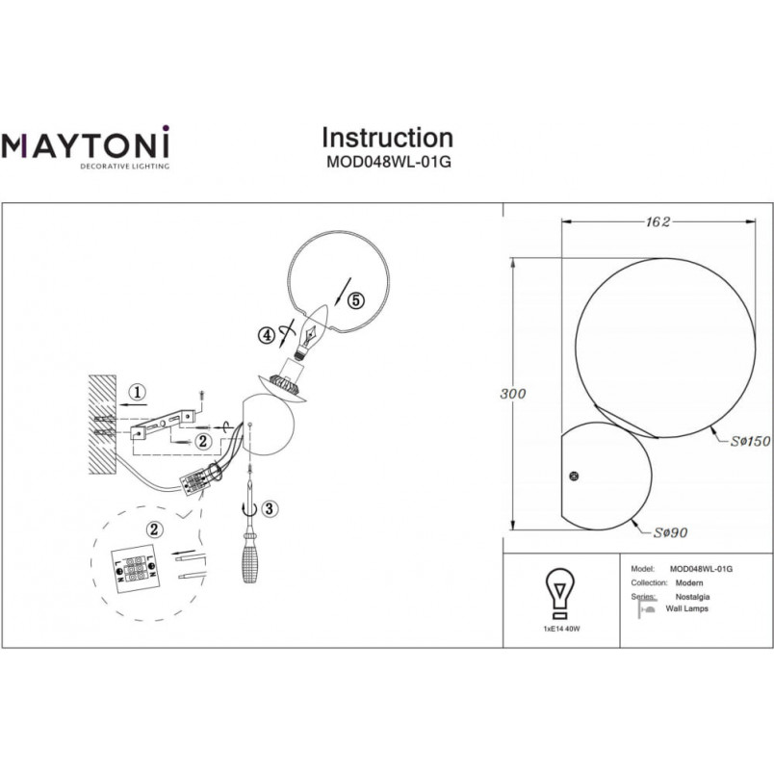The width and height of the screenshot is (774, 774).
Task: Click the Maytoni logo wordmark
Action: [86, 143]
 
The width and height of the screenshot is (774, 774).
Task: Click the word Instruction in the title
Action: [388, 138]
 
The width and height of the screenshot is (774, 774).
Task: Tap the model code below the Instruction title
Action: [389, 162]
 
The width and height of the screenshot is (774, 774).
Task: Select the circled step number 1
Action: [137, 393]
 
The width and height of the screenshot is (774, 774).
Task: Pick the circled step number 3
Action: [269, 508]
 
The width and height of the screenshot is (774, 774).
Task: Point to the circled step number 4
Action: [267, 336]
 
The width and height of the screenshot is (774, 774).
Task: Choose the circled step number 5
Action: [356, 300]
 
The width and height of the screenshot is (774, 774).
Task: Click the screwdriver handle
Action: [250, 560]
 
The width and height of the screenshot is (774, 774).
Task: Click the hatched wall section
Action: [103, 425]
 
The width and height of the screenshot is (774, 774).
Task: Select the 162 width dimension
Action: [658, 222]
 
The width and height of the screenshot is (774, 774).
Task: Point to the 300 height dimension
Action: [513, 394]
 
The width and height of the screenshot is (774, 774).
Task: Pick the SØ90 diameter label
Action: [670, 532]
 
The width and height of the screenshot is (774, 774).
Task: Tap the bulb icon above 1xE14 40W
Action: [559, 594]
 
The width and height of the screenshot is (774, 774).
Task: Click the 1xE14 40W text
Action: [561, 630]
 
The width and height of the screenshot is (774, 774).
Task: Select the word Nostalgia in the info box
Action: [692, 597]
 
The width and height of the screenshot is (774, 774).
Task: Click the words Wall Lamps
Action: [686, 608]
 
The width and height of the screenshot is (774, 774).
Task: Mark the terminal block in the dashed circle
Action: [135, 569]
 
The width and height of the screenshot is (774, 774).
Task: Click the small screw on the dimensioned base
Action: [574, 477]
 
